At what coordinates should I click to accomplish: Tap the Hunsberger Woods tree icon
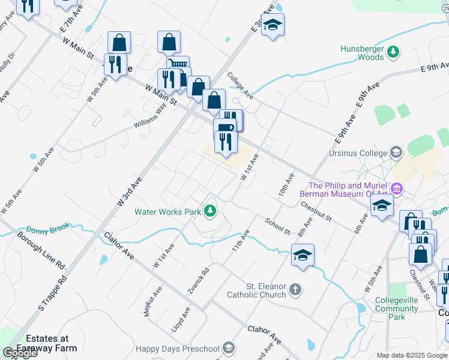pyautogui.click(x=393, y=52)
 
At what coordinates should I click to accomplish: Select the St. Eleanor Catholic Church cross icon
pyautogui.click(x=294, y=290)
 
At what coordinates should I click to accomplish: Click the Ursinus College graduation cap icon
pyautogui.click(x=396, y=152)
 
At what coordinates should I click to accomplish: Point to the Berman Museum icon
pyautogui.click(x=396, y=190)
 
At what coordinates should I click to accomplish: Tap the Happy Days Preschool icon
pyautogui.click(x=228, y=348)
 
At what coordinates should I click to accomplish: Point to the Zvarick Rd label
pyautogui.click(x=198, y=280)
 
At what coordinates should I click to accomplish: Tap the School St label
pyautogui.click(x=277, y=226)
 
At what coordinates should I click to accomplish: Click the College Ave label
pyautogui.click(x=240, y=86)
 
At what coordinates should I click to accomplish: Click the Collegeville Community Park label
pyautogui.click(x=396, y=308)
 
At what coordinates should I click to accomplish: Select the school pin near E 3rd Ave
pyautogui.click(x=273, y=25)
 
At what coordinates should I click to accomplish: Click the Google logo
pyautogui.click(x=20, y=353)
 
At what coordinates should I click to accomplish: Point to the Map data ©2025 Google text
pyautogui.click(x=411, y=355)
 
